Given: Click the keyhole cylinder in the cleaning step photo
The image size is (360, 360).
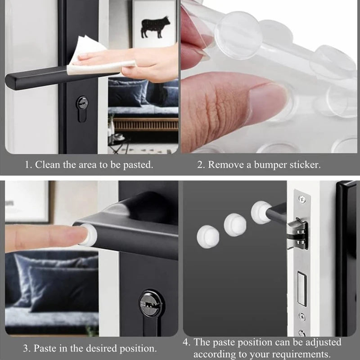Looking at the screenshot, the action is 82,108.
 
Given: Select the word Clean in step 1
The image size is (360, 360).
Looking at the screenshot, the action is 47,165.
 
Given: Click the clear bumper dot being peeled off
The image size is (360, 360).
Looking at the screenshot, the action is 238,35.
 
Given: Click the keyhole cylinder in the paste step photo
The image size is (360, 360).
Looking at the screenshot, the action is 151,303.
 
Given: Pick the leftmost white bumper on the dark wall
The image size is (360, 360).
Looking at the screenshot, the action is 208,237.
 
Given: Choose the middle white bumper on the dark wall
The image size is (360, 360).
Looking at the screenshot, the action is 235,225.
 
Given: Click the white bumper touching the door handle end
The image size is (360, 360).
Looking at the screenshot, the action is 261,212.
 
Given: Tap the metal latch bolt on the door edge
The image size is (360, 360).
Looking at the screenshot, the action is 297,234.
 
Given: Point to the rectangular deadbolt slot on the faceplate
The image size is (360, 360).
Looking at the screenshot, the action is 302,288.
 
